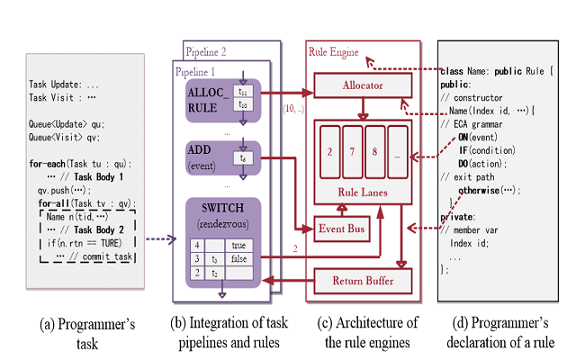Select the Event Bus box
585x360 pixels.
[342, 229]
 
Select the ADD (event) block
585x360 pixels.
[202, 155]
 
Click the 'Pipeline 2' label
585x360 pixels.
[206, 50]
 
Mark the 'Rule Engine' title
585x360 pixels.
[333, 53]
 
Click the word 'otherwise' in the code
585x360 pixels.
[486, 190]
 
